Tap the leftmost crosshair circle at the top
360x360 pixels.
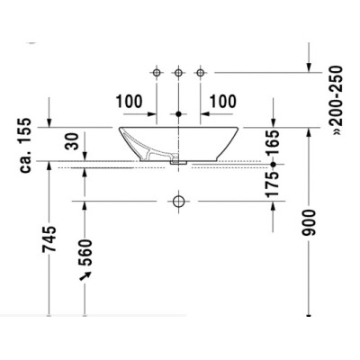pos(158,71)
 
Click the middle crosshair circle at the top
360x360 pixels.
pos(179,71)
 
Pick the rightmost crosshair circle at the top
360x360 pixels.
pos(200,71)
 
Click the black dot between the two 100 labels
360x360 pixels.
pos(179,114)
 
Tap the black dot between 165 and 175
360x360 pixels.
pos(272,166)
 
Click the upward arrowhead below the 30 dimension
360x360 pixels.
pos(86,171)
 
